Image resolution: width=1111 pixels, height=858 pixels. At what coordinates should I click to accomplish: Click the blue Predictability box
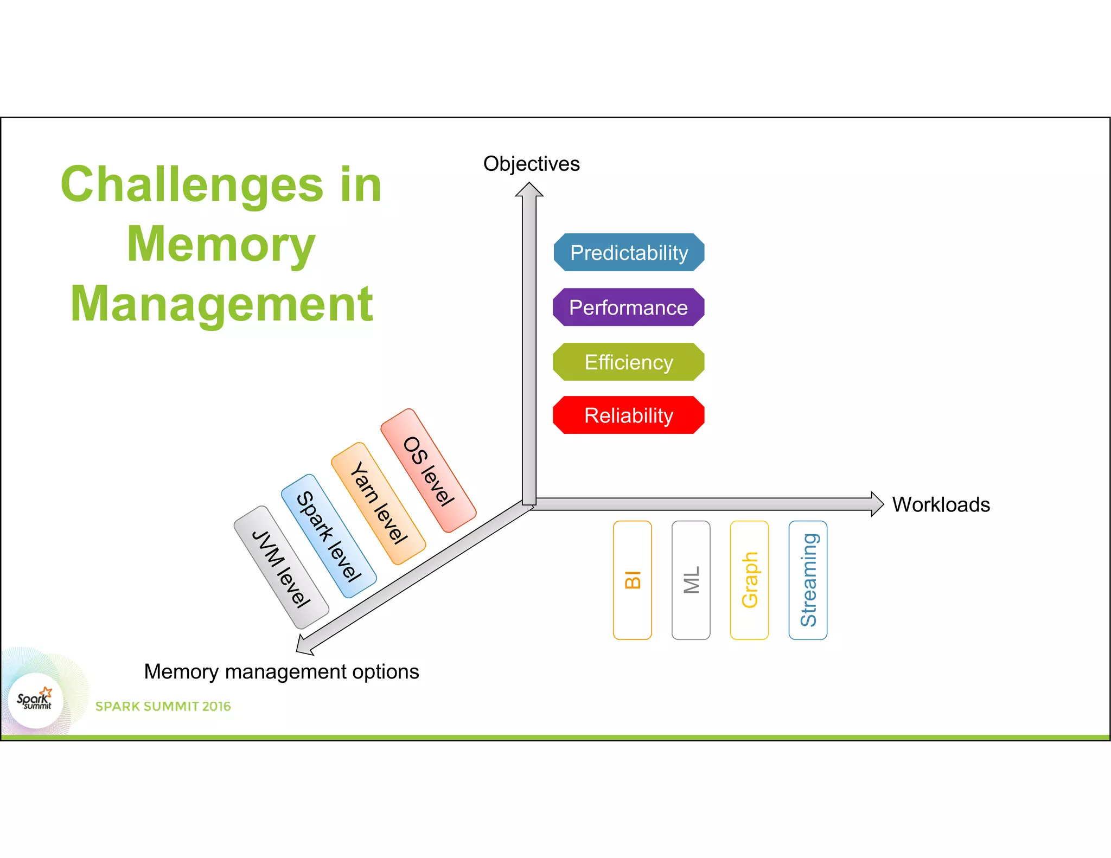[629, 253]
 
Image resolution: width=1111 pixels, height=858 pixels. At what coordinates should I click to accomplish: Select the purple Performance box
[629, 308]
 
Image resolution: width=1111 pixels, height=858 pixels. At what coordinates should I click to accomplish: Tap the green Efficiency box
[629, 362]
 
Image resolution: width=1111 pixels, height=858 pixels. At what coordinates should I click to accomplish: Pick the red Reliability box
[629, 415]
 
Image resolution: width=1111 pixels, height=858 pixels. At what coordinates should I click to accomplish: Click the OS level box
[429, 471]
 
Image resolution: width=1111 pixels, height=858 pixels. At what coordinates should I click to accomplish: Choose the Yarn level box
[379, 503]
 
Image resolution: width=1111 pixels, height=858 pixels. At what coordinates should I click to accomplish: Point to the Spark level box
[329, 536]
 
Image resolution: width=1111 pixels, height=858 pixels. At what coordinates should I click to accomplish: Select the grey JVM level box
[281, 568]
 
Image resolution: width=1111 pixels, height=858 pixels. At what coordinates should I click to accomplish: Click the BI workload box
[633, 580]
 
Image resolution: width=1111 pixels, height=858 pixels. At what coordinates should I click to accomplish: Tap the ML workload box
[691, 580]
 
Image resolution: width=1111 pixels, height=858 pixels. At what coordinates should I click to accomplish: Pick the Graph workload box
[750, 580]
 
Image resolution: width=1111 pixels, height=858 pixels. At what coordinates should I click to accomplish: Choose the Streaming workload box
[808, 580]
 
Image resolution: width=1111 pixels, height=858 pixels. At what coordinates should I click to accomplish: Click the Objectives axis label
[532, 164]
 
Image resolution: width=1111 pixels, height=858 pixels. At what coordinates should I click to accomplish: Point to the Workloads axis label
[941, 505]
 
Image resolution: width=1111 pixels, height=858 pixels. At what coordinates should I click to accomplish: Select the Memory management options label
[282, 672]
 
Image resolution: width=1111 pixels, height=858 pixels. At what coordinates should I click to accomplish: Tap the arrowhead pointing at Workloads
[877, 504]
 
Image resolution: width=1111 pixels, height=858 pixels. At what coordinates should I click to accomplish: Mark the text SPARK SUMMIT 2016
[163, 707]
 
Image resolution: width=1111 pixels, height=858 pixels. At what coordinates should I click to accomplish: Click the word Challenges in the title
[192, 185]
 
